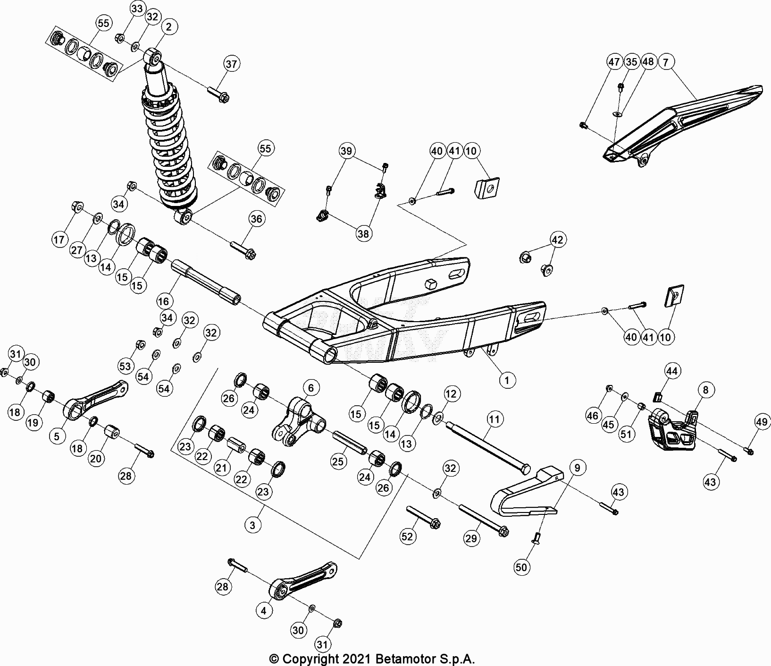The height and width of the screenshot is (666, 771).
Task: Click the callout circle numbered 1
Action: click(x=507, y=379)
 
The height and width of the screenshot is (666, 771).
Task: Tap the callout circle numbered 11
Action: click(x=494, y=419)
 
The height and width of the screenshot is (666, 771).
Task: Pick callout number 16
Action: click(x=164, y=301)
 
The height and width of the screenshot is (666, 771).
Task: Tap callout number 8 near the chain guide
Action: click(x=705, y=390)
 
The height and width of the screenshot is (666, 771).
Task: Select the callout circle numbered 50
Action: click(x=521, y=566)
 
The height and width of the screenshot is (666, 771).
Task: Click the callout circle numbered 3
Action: click(x=253, y=525)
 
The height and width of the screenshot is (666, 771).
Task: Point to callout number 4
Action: click(x=264, y=611)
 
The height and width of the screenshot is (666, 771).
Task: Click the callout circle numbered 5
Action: click(x=57, y=436)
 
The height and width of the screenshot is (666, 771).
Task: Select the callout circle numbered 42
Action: click(x=557, y=240)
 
